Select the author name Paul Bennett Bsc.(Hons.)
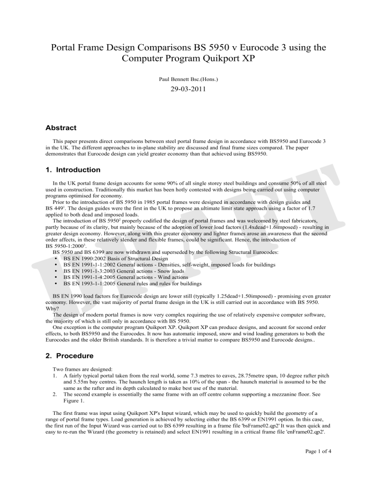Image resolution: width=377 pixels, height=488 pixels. click(x=188, y=79)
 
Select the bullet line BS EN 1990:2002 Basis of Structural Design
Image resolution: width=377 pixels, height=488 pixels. click(x=124, y=258)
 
